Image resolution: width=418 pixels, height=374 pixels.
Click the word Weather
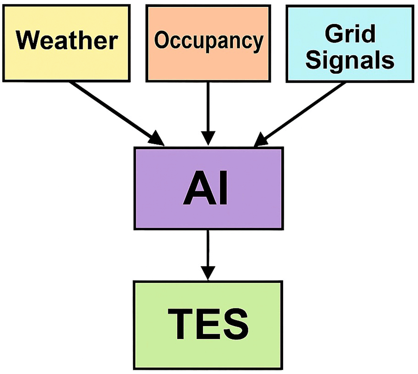68,41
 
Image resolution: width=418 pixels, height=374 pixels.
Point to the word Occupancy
209,41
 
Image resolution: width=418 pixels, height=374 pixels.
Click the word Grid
351,33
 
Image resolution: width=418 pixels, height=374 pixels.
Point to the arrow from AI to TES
208,251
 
